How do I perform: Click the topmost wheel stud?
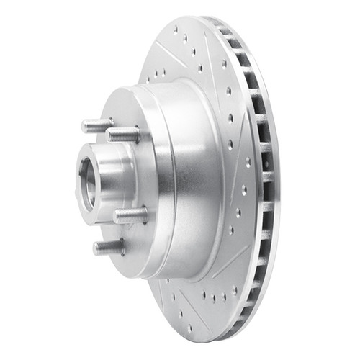point(97,126)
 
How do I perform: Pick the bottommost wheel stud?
point(107,248)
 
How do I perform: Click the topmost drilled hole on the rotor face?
point(176,30)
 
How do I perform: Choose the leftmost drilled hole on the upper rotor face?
point(155,72)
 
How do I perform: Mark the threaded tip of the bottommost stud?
point(96,248)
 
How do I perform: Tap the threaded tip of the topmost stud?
point(86,126)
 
